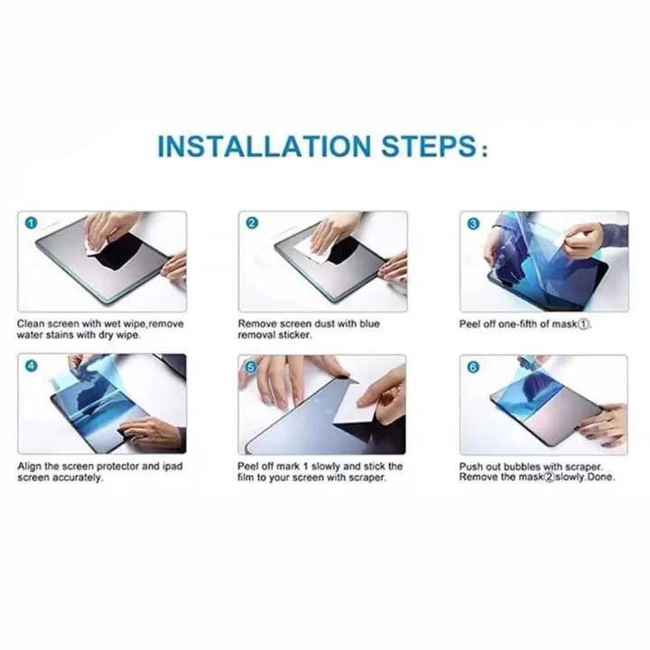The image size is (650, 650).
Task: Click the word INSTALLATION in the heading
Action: click(x=264, y=146)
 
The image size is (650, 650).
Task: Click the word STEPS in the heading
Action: click(x=429, y=146)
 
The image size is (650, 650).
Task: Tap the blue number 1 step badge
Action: click(x=31, y=223)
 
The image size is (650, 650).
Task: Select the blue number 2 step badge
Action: click(x=252, y=223)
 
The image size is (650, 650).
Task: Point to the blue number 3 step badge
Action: click(x=473, y=224)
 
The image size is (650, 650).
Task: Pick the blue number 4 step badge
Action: click(x=31, y=366)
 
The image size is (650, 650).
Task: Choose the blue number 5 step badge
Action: click(x=251, y=367)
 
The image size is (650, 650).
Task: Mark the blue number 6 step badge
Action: click(x=473, y=367)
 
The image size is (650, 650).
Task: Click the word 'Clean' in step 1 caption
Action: click(x=31, y=324)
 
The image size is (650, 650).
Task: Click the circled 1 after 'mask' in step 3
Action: click(x=583, y=325)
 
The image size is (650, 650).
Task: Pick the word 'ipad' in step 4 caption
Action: click(x=172, y=467)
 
